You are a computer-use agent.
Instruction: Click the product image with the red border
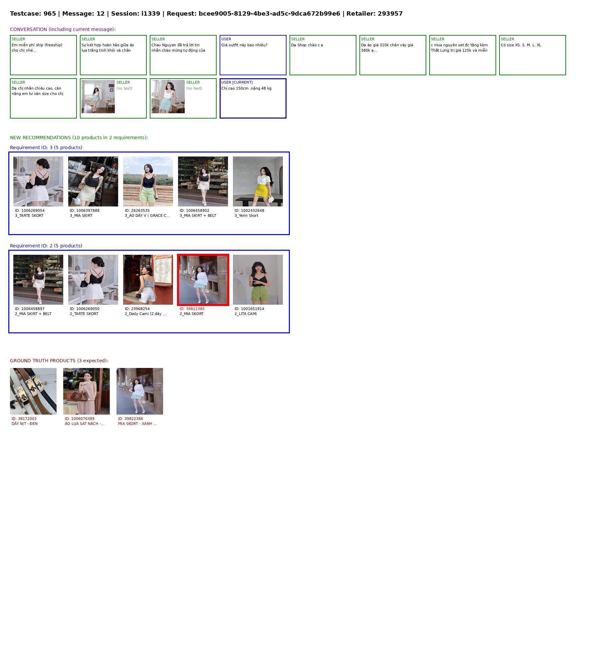point(203,280)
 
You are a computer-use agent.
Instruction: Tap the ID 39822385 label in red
point(192,309)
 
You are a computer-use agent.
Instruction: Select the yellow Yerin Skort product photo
point(258,181)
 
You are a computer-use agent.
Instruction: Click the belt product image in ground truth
point(33,391)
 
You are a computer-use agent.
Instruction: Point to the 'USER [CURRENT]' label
point(237,82)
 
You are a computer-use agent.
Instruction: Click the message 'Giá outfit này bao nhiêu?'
point(244,45)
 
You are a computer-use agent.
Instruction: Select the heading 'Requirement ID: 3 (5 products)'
point(46,148)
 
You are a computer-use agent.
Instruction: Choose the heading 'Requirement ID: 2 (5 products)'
point(46,246)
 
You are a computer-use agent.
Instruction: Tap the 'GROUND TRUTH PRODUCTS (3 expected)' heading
point(59,361)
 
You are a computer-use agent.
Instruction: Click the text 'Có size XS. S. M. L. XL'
point(521,45)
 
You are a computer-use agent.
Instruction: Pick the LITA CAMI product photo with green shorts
point(258,280)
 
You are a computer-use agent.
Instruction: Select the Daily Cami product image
point(148,280)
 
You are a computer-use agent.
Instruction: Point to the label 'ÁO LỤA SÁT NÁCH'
point(82,424)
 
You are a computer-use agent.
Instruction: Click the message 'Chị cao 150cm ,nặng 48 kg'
point(246,88)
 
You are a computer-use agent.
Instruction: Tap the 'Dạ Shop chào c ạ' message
point(307,45)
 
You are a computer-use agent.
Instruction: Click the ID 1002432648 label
point(249,210)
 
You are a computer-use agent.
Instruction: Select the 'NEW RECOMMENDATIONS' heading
point(40,138)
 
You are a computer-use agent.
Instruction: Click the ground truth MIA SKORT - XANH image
point(140,391)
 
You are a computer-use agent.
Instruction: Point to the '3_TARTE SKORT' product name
point(29,215)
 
